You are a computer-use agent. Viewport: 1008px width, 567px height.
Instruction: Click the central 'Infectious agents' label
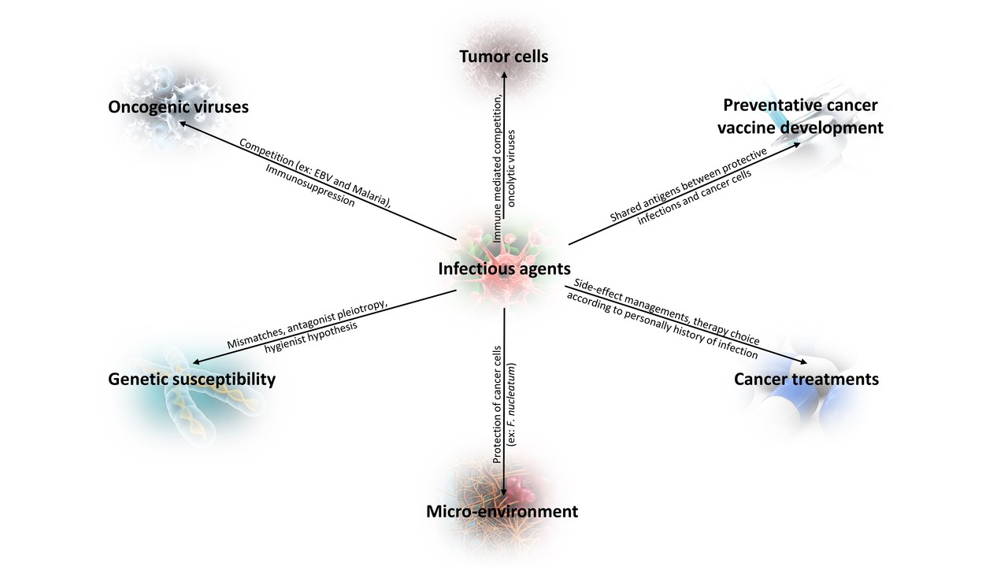pyautogui.click(x=504, y=269)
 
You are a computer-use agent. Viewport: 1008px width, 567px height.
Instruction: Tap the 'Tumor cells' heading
pyautogui.click(x=504, y=57)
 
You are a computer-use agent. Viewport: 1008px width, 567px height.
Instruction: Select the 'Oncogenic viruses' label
pyautogui.click(x=178, y=106)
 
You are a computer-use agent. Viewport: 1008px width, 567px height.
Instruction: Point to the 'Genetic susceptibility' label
pyautogui.click(x=191, y=380)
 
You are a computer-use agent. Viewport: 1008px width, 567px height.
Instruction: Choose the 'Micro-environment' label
pyautogui.click(x=502, y=512)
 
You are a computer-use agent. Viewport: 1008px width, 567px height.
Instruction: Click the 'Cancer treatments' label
pyautogui.click(x=806, y=380)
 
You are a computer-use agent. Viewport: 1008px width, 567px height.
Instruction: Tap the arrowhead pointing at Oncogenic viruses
pyautogui.click(x=182, y=122)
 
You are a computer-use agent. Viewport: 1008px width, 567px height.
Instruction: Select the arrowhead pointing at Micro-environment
pyautogui.click(x=504, y=494)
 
